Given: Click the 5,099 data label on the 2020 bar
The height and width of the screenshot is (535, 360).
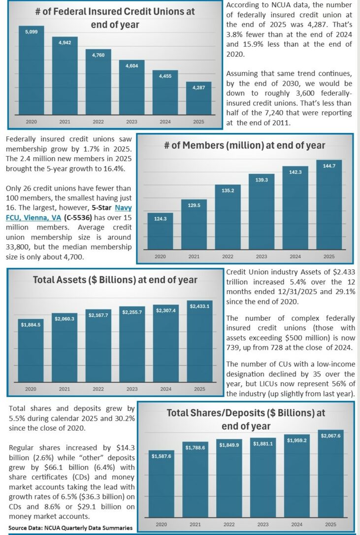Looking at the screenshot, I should point(31,32).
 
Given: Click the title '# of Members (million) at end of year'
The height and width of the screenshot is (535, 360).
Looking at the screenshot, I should point(244,145).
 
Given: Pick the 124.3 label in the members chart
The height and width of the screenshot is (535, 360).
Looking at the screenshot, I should point(161,218).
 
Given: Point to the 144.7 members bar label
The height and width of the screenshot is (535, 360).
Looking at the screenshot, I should point(328,166).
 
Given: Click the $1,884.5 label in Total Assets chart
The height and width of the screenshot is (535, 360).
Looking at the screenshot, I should point(31,325).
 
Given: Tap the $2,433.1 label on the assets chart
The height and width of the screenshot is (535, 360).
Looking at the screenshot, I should point(199,306).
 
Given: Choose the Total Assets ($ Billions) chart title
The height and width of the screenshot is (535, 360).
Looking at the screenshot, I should point(115,280).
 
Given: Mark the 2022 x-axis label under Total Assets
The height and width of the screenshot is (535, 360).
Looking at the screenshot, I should point(98,389).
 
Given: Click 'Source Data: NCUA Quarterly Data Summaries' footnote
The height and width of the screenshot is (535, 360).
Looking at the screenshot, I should point(70,528).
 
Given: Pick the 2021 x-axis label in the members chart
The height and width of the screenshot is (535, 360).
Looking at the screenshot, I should point(194,256).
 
